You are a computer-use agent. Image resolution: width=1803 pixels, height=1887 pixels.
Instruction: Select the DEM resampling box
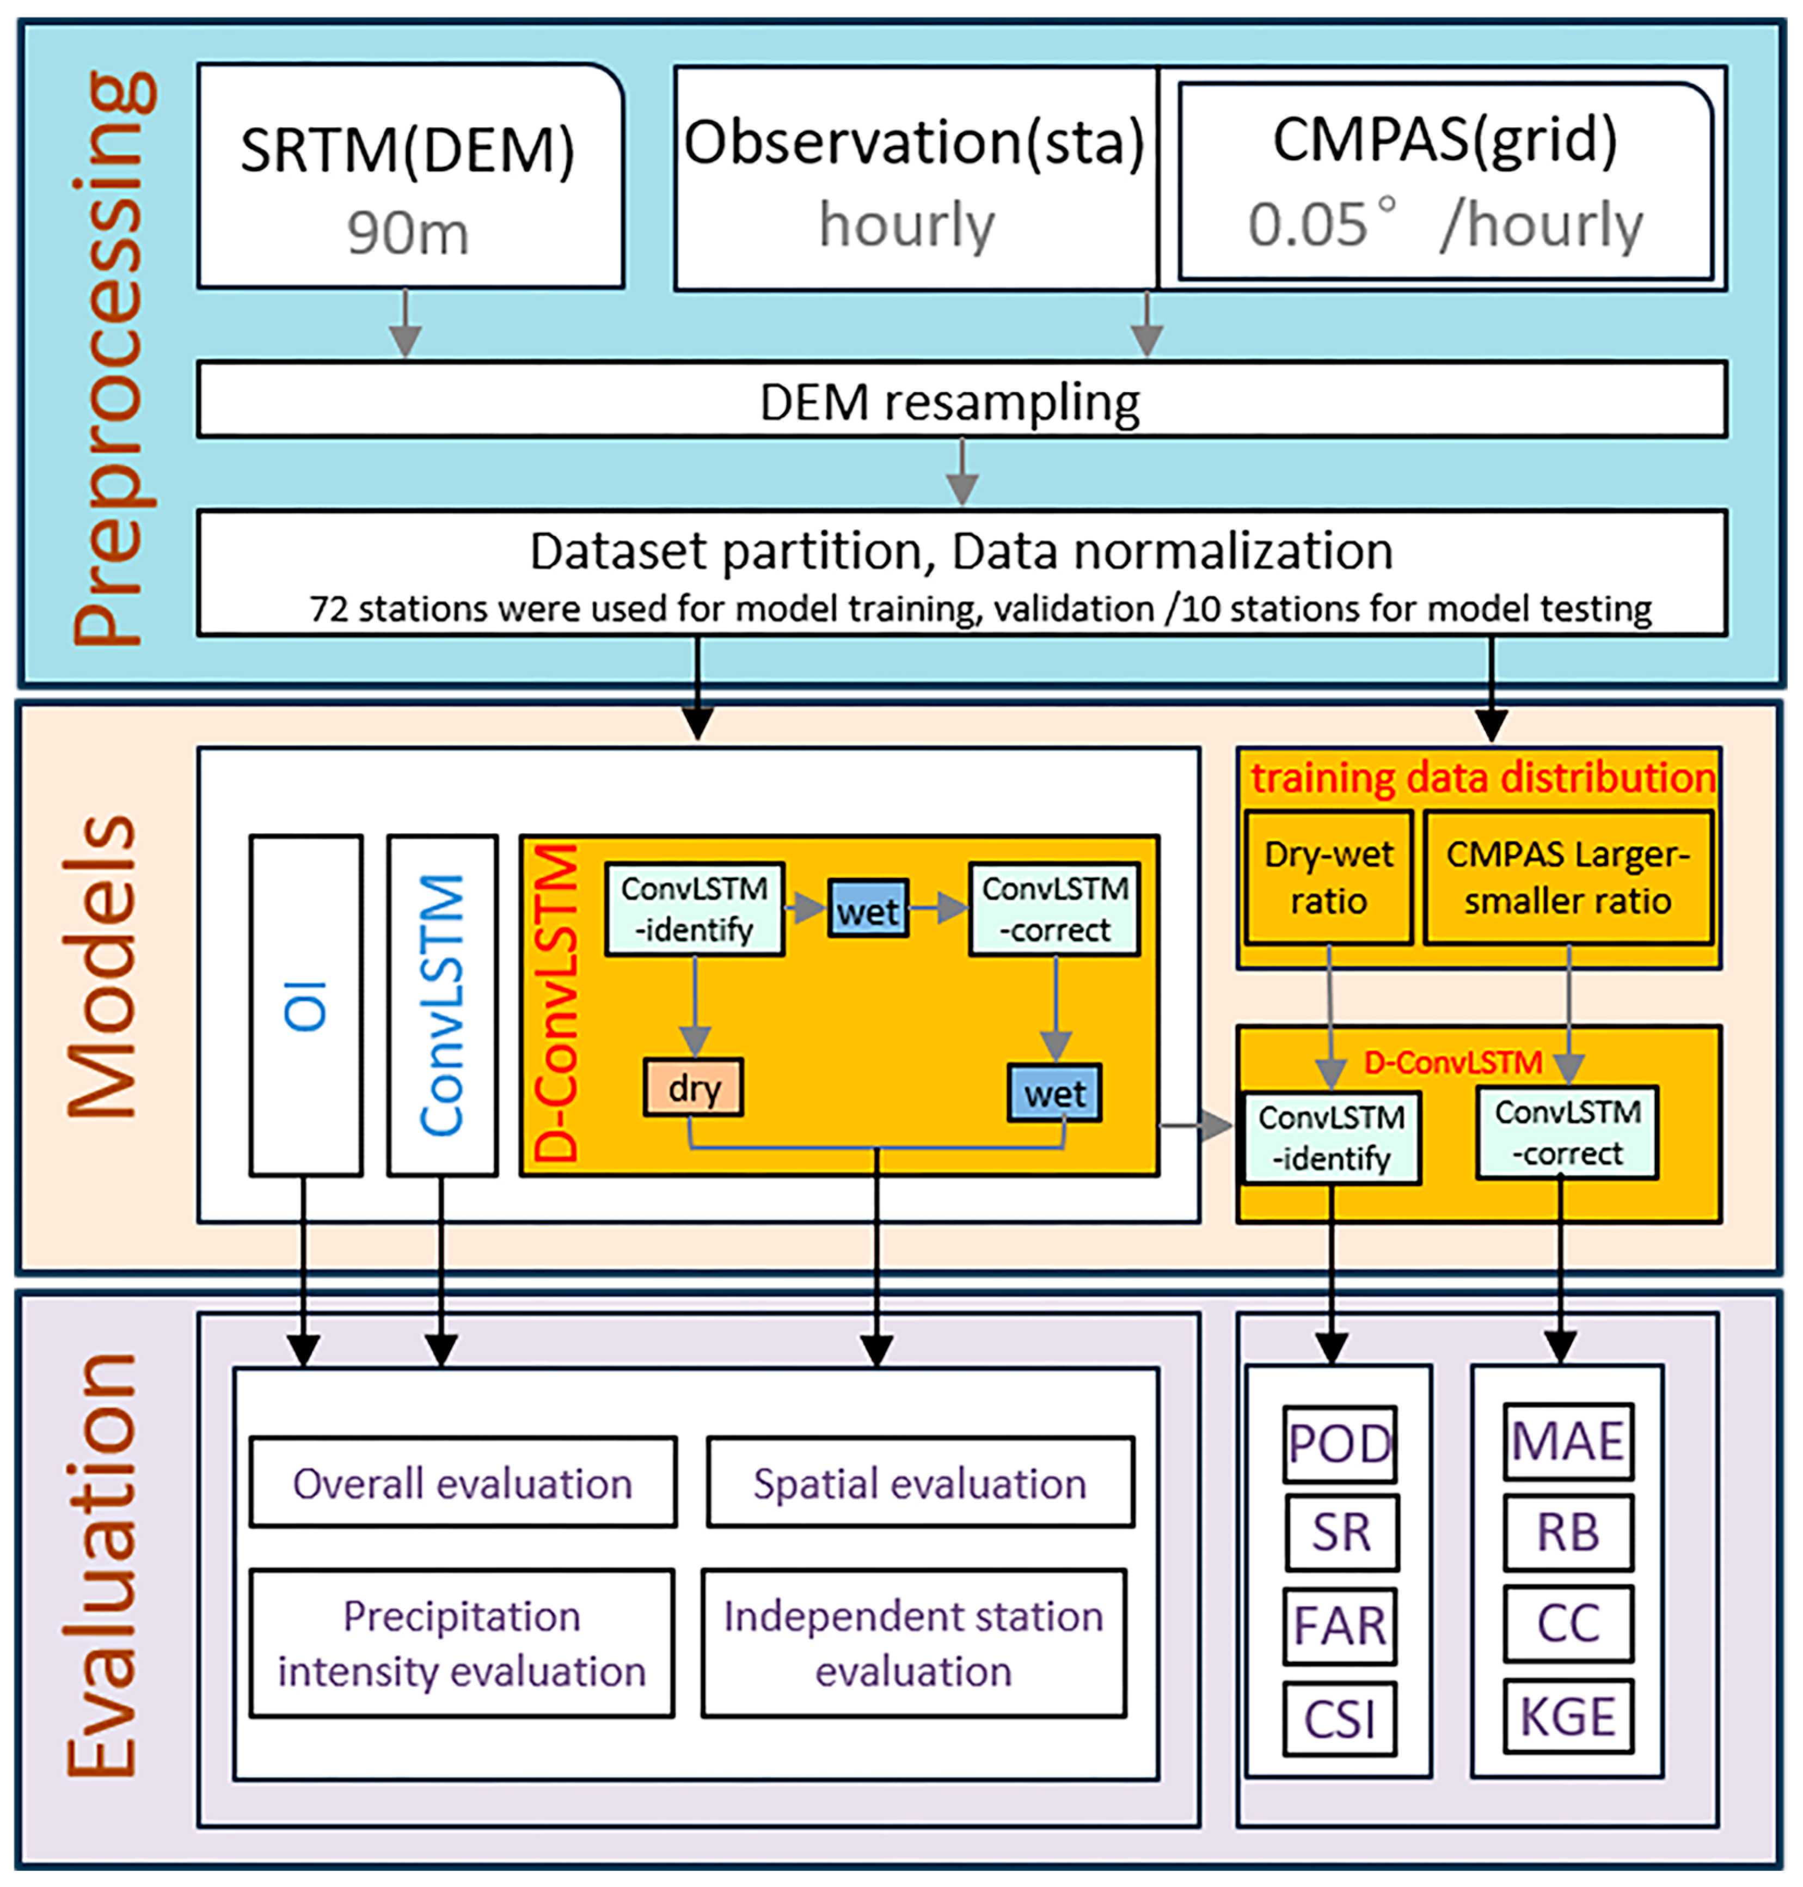[x=961, y=400]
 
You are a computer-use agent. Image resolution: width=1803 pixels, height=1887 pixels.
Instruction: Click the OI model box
[x=305, y=1005]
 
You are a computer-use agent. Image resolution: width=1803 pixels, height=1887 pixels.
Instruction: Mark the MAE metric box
[x=1567, y=1441]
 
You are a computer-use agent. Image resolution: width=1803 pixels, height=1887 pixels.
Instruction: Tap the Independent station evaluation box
[x=913, y=1643]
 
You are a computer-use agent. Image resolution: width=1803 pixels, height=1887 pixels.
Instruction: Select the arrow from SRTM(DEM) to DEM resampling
[x=406, y=325]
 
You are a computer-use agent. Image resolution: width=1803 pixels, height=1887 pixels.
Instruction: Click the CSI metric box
[x=1339, y=1718]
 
